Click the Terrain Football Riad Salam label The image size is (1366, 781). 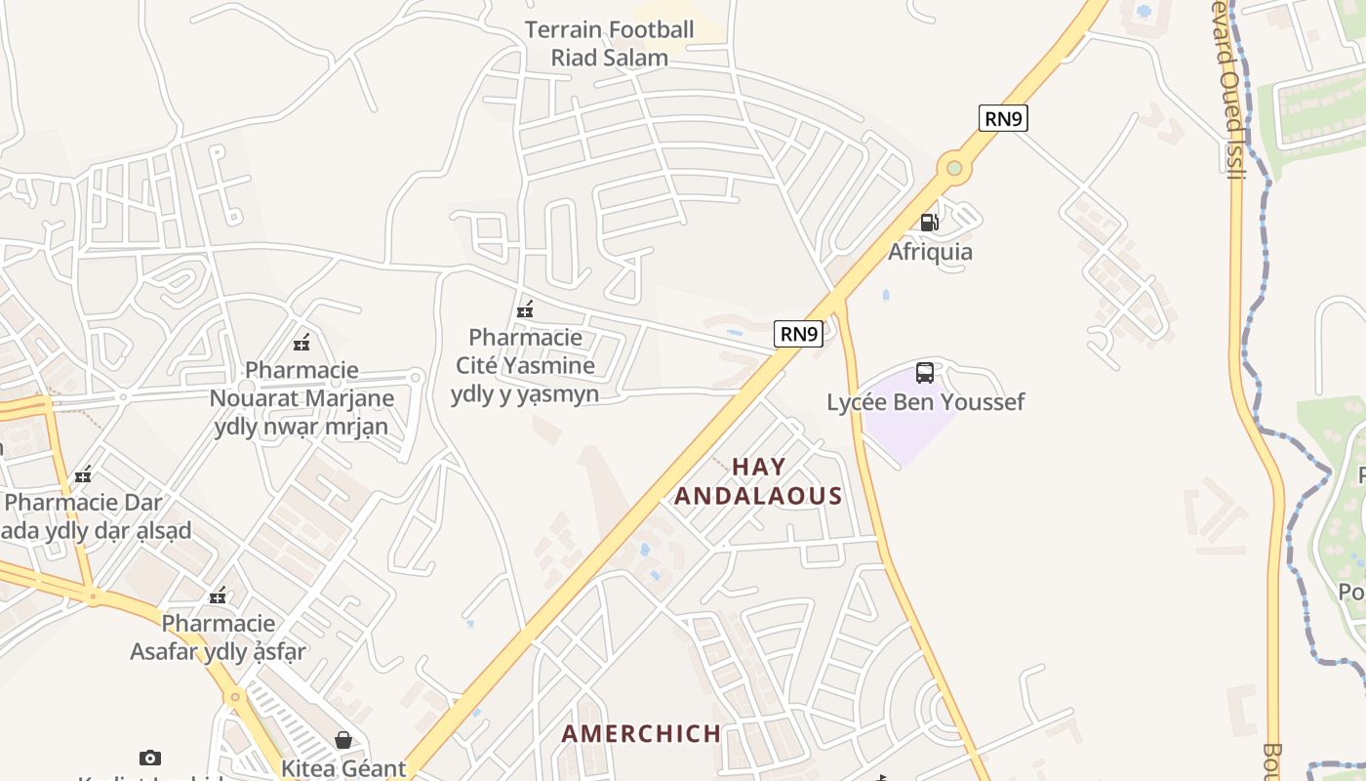tap(610, 44)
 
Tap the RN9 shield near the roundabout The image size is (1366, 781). tap(1003, 119)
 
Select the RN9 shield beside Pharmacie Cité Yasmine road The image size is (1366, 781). tap(798, 334)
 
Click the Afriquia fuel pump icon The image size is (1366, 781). tap(929, 223)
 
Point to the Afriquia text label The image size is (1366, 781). tap(930, 252)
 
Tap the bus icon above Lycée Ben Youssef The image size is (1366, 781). tap(924, 372)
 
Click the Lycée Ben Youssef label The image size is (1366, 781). tap(925, 402)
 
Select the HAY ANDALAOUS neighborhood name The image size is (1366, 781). tap(758, 481)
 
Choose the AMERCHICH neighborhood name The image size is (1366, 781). tap(641, 733)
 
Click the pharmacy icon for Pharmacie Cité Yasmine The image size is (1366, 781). tap(525, 310)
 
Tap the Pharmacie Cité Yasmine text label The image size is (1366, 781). tap(525, 366)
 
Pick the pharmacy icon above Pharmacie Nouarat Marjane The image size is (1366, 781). tap(301, 343)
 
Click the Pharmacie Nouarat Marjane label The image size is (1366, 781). tap(301, 398)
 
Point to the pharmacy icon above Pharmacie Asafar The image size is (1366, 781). tap(218, 596)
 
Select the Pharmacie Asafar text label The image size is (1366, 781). tap(219, 637)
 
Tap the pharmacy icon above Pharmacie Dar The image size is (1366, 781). tap(83, 474)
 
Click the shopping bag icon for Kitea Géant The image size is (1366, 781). tap(342, 740)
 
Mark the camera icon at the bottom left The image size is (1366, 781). tap(149, 758)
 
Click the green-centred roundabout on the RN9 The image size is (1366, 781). tap(954, 168)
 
